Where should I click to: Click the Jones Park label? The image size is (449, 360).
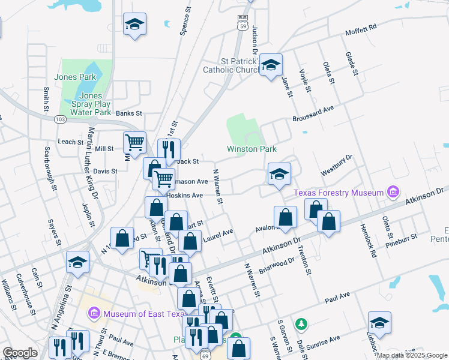point(75,77)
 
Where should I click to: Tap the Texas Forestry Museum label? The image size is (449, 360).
point(339,193)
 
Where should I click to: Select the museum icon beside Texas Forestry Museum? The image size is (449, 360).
point(393,192)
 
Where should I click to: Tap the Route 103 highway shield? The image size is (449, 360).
point(59,119)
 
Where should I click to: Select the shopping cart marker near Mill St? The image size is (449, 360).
point(134,143)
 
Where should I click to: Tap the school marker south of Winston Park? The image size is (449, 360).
point(279,174)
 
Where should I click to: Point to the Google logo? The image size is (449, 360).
point(20,353)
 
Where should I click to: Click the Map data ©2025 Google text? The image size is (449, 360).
point(412,355)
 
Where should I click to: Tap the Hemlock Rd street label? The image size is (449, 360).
point(368,240)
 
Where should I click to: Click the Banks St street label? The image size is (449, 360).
point(128,113)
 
